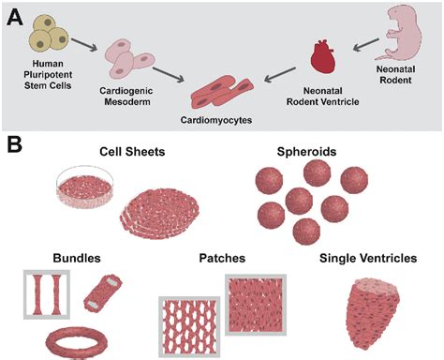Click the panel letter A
tap(16, 16)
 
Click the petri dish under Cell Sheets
tap(85, 188)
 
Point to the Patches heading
tap(221, 257)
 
